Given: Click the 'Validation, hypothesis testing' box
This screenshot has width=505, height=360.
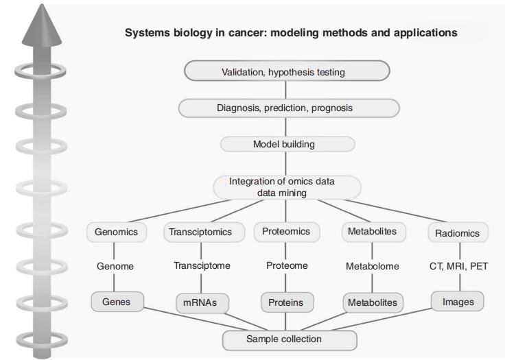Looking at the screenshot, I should click(287, 71).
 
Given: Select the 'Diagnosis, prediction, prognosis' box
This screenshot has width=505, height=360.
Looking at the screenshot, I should click(288, 108).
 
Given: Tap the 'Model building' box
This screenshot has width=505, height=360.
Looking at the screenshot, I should click(287, 145).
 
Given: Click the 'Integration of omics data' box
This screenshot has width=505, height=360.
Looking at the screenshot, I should click(287, 187).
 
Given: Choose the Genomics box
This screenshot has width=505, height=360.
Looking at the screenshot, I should click(116, 232).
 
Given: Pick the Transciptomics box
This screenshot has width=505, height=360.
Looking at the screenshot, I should click(200, 232).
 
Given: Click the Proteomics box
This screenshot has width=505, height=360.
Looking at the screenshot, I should click(287, 232).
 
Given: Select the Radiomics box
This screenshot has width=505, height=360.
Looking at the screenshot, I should click(457, 233).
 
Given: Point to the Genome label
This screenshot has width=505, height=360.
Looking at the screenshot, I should click(115, 266).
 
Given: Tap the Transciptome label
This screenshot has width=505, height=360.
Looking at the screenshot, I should click(201, 266).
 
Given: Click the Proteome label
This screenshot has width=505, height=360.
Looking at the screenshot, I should click(287, 266).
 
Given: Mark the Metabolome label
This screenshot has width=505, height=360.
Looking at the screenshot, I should click(373, 266).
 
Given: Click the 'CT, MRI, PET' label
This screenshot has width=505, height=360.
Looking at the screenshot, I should click(458, 266).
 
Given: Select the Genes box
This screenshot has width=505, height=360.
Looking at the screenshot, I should click(116, 301).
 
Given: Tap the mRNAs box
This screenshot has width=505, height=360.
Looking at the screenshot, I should click(201, 302).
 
